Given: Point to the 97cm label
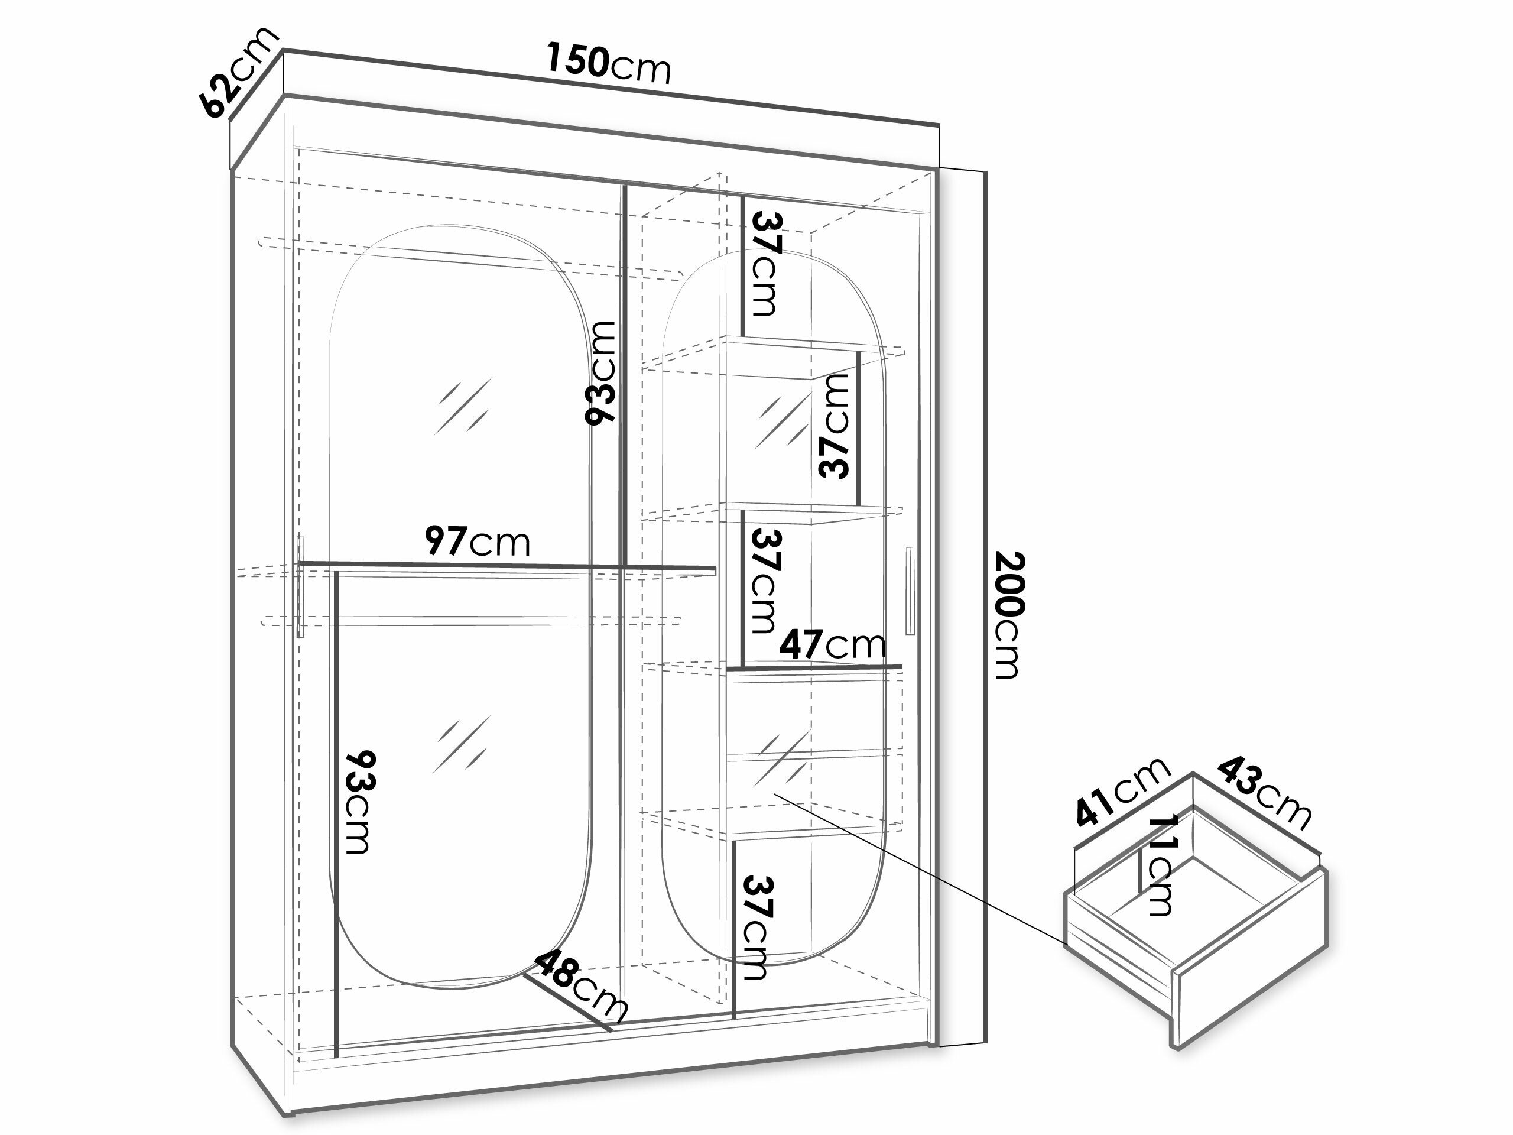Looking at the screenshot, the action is tap(478, 541).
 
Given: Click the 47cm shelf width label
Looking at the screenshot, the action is tap(832, 644).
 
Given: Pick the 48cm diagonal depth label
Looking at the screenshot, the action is tap(581, 987).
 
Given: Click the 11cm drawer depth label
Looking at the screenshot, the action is tap(1160, 865).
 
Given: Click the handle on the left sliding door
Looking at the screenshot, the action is tap(300, 587).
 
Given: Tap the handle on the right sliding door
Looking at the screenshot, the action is tap(910, 591).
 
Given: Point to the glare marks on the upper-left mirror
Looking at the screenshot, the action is tap(462, 406).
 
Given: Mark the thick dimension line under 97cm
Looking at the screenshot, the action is tap(507, 566).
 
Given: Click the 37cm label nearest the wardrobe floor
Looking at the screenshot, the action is tap(757, 927).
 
